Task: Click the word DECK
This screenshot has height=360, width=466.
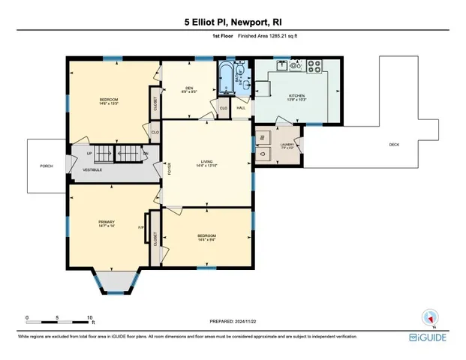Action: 393,145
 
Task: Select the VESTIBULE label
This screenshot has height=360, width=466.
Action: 93,170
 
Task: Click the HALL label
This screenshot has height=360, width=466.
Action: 241,108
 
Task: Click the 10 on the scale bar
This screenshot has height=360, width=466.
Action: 89,317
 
